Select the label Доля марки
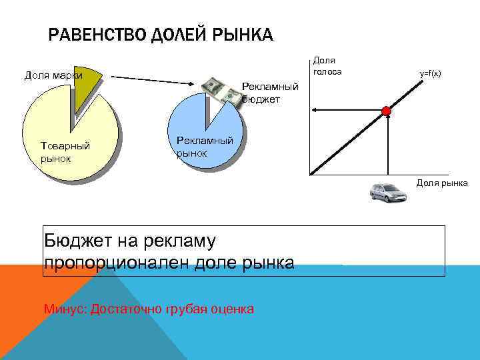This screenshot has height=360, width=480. (x=53, y=75)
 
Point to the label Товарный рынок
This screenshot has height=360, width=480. (x=65, y=152)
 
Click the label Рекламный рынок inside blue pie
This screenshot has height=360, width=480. (x=205, y=147)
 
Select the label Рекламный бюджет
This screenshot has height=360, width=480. (x=270, y=93)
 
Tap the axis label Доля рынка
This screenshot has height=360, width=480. (x=442, y=183)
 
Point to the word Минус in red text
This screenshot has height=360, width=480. (x=65, y=309)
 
